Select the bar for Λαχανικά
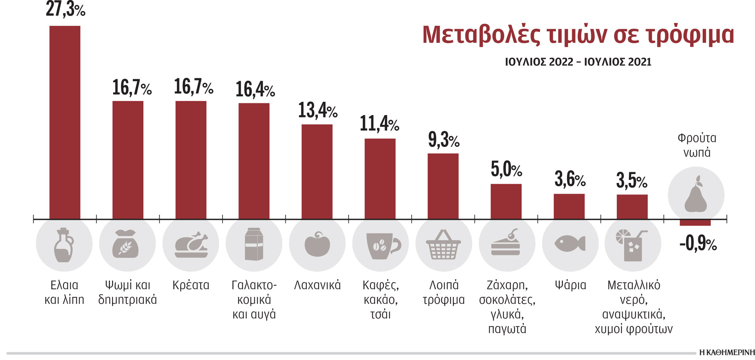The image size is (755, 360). (317, 172)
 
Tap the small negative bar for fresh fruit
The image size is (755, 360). (695, 223)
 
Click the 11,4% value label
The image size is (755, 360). (379, 124)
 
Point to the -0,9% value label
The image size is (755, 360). (698, 244)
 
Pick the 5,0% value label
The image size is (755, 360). (506, 170)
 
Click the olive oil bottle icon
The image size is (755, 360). (64, 245)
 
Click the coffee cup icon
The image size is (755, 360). (382, 245)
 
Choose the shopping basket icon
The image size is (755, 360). (443, 245)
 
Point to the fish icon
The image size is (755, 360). (570, 244)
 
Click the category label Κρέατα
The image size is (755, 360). (191, 285)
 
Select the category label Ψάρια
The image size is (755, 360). (570, 285)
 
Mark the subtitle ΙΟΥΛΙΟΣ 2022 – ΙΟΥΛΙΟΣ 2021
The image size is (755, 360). (578, 62)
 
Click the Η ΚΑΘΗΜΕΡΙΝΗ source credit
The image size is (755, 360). (727, 353)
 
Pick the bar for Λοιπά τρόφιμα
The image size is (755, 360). (443, 186)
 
